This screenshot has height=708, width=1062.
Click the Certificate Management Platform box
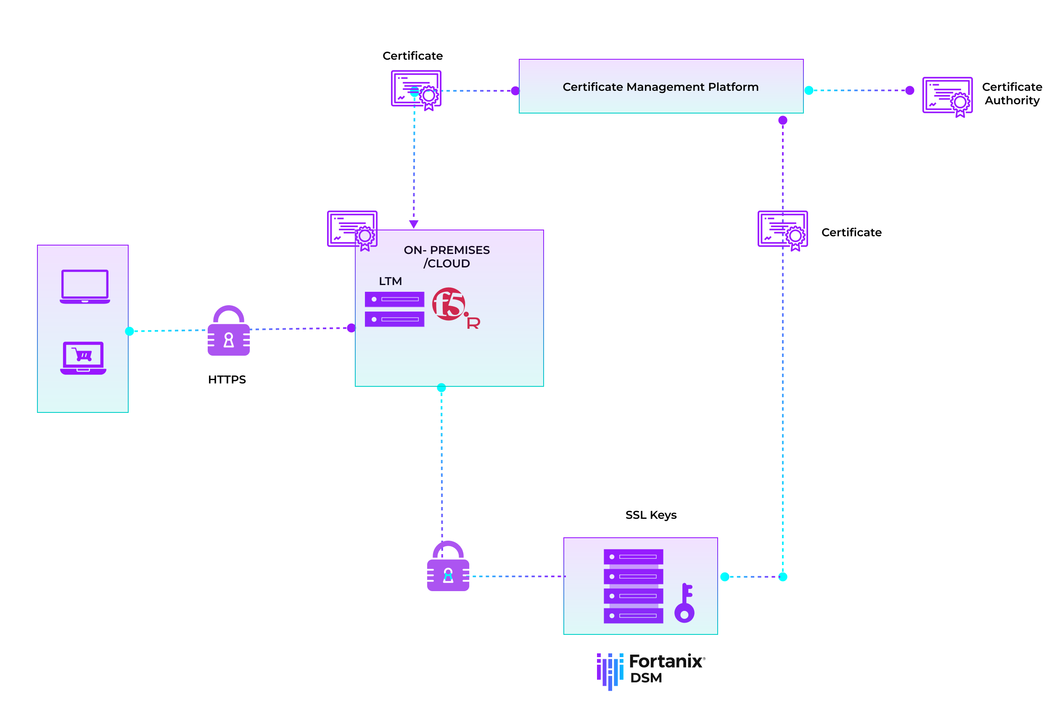[x=660, y=86]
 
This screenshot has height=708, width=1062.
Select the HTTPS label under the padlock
[x=227, y=380]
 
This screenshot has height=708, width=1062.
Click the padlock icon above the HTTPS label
[x=228, y=332]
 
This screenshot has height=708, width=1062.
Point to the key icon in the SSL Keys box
[x=684, y=604]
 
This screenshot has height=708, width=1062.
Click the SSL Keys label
[x=651, y=515]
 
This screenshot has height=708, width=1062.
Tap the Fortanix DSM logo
[x=650, y=671]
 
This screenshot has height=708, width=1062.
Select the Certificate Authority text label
[x=1012, y=93]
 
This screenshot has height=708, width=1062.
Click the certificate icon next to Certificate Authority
[x=947, y=96]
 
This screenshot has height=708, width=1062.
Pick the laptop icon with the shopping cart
[x=83, y=358]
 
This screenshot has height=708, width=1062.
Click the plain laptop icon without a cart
[x=85, y=287]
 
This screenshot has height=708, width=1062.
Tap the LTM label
[x=390, y=281]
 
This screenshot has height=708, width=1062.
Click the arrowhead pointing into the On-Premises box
[x=414, y=224]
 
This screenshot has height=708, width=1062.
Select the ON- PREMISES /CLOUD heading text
[x=446, y=256]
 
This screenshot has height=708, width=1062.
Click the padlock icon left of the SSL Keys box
[x=448, y=567]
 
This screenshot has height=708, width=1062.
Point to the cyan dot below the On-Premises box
[x=441, y=387]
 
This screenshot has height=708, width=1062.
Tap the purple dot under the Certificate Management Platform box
[x=783, y=120]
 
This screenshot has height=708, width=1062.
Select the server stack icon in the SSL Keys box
[x=633, y=586]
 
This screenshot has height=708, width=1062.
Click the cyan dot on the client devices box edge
[x=129, y=331]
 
